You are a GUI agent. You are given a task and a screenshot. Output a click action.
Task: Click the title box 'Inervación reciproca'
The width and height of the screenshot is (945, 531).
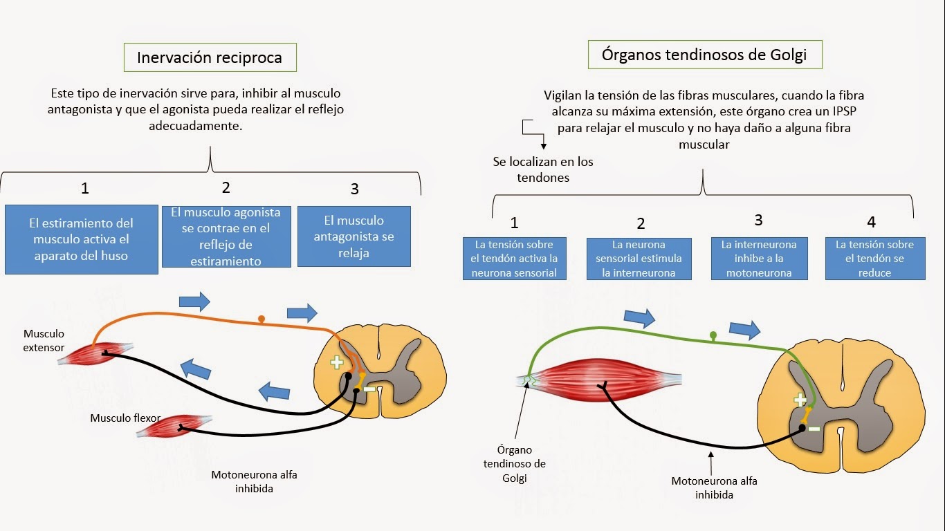[x=210, y=57]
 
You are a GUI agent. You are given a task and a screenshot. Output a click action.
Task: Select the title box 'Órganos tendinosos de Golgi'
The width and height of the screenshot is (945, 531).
[x=704, y=55]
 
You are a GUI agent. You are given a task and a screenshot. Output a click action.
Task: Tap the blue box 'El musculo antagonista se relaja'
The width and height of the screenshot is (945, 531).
[x=354, y=236]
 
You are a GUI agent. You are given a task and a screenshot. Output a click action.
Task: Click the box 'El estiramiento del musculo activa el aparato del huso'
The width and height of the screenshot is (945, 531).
[x=81, y=239]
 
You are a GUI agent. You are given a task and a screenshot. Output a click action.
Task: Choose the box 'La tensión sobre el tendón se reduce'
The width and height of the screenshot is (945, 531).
[x=874, y=259]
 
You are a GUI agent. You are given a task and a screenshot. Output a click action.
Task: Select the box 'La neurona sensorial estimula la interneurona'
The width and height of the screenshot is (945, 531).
[x=639, y=259]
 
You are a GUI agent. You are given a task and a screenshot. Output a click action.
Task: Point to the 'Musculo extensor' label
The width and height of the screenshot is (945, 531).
[x=44, y=341]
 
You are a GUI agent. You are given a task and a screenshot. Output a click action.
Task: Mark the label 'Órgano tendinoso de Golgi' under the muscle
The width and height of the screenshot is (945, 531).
[x=514, y=464]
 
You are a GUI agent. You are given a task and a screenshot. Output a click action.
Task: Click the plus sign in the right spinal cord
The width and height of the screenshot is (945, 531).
[x=800, y=400]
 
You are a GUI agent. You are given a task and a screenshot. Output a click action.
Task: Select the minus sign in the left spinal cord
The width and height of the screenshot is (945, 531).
[x=369, y=389]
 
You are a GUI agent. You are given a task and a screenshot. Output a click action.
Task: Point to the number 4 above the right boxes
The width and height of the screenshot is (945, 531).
[x=871, y=222]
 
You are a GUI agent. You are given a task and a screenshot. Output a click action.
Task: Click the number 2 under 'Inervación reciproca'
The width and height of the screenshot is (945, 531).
[x=226, y=187]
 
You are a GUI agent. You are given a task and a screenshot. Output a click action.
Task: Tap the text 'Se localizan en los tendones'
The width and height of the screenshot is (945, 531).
[x=543, y=169]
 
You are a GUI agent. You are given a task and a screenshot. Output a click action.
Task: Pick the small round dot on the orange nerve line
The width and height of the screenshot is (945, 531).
[x=261, y=319]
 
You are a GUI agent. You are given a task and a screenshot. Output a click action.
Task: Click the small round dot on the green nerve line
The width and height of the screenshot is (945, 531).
[x=713, y=336]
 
